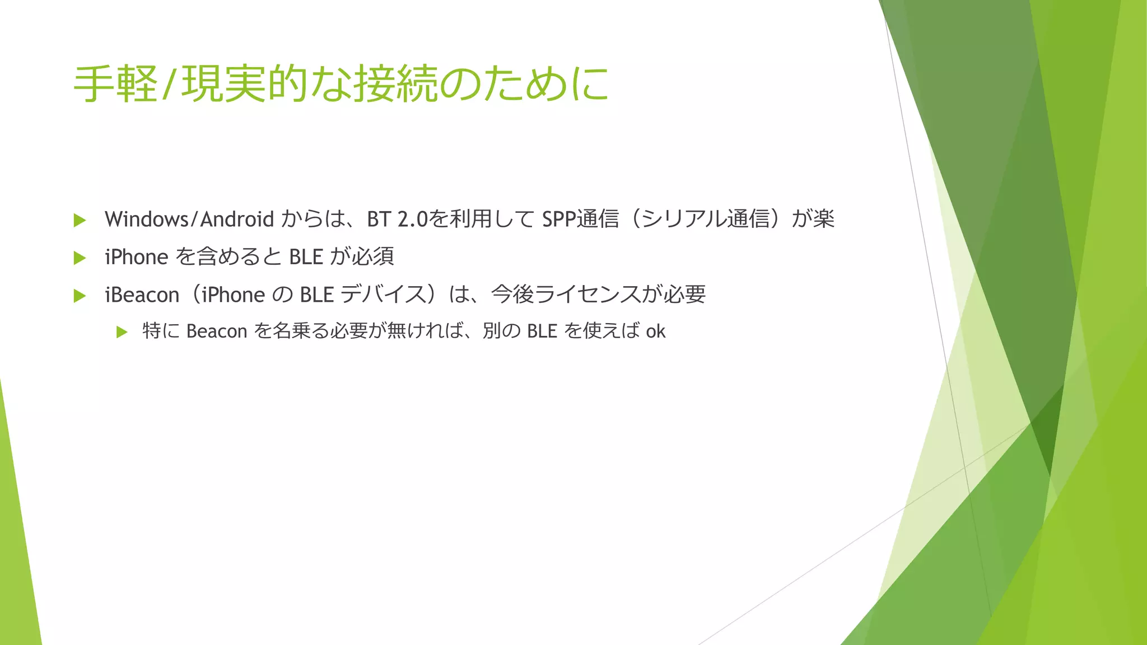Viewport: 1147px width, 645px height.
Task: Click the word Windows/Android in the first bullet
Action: point(189,219)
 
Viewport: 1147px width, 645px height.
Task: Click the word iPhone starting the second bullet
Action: point(136,257)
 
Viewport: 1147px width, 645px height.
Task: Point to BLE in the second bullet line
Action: point(306,257)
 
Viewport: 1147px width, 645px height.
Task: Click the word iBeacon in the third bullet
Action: point(142,295)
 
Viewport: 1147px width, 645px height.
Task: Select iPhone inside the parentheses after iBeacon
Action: point(233,295)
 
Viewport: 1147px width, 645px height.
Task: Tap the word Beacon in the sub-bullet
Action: point(217,331)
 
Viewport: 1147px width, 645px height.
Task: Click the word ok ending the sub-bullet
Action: point(655,331)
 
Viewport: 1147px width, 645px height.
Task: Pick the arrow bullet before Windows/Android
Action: point(80,220)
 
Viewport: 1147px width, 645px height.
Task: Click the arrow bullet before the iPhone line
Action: point(80,258)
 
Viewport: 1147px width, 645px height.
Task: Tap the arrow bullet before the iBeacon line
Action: point(80,296)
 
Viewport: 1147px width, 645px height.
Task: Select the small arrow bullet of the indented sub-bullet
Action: point(122,332)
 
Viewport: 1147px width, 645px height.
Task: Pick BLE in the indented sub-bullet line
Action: point(542,331)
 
